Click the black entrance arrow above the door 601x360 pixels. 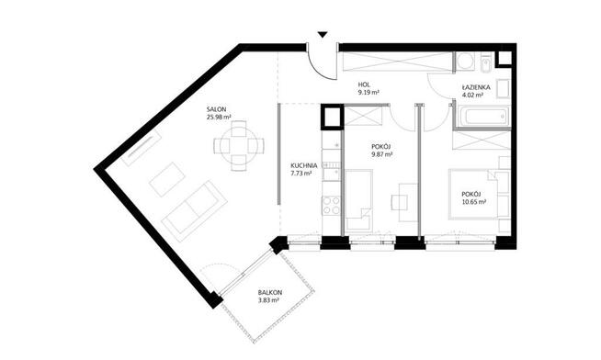pyautogui.click(x=323, y=35)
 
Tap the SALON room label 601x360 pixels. pyautogui.click(x=216, y=109)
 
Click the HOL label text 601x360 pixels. pyautogui.click(x=363, y=84)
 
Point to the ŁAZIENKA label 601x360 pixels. pyautogui.click(x=476, y=87)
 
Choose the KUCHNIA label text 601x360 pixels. pyautogui.click(x=304, y=166)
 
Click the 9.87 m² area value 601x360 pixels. pyautogui.click(x=381, y=154)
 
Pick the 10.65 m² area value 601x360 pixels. pyautogui.click(x=474, y=202)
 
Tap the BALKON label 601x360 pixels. pyautogui.click(x=270, y=293)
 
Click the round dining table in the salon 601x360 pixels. pyautogui.click(x=239, y=146)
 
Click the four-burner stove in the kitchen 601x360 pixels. pyautogui.click(x=332, y=206)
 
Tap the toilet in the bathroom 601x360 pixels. pyautogui.click(x=485, y=63)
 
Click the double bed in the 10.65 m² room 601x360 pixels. pyautogui.click(x=475, y=194)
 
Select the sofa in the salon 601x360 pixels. pyautogui.click(x=195, y=211)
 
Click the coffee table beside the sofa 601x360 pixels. pyautogui.click(x=166, y=179)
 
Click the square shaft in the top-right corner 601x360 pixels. pyautogui.click(x=504, y=59)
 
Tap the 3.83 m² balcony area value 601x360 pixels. pyautogui.click(x=268, y=300)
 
